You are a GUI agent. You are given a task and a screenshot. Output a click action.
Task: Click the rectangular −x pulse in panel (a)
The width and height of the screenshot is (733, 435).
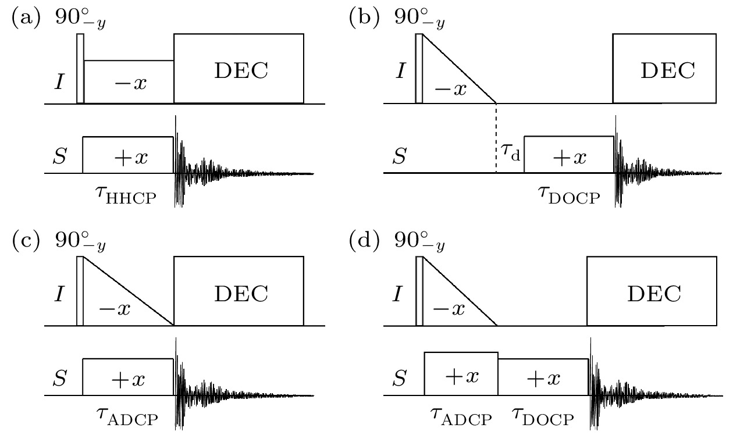point(129,82)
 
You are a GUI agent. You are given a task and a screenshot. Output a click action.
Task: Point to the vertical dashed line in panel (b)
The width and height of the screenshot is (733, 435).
point(496,138)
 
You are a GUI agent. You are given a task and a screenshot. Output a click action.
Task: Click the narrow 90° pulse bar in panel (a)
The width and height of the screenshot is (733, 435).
point(80,69)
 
